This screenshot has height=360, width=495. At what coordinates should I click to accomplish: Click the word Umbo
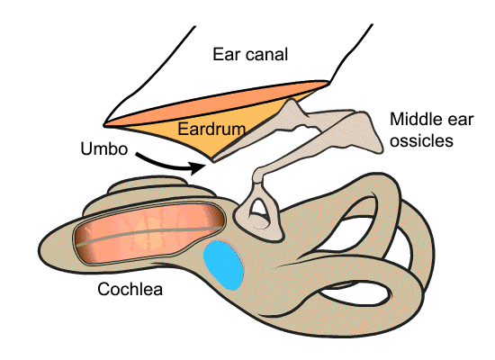coord(104,148)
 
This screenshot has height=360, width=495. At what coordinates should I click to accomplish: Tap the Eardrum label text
coord(211,129)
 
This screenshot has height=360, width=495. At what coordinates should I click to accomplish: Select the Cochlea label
coord(130,289)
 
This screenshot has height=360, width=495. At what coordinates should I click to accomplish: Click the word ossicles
coord(421,140)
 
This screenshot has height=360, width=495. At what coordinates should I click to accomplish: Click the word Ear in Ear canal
coord(225,54)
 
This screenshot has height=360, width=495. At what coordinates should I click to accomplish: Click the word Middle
coord(414,120)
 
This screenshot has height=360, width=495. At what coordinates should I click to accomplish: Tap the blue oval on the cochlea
coord(223,265)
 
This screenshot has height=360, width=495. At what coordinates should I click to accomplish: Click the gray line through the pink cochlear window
coord(149,235)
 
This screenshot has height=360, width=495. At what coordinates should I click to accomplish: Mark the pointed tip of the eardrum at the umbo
coord(213,162)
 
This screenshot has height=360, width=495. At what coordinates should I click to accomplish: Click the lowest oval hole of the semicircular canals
coord(355,294)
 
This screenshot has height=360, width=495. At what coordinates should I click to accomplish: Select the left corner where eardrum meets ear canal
coord(104,126)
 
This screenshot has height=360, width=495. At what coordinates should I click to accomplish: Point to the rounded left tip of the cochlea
coord(40,248)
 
